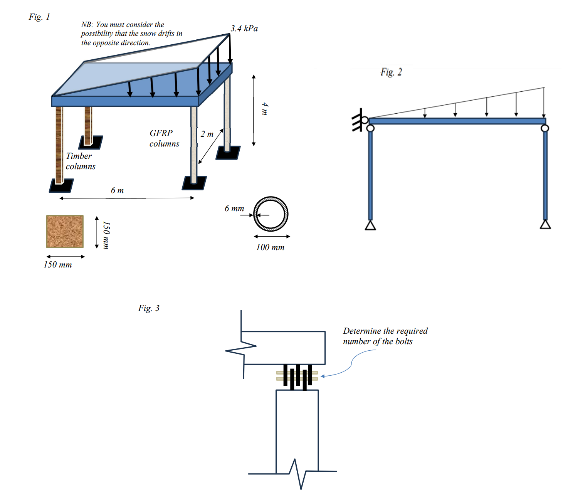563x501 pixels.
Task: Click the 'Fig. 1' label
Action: click(39, 17)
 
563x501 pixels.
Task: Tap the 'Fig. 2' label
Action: click(391, 72)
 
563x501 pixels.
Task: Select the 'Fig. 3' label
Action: click(149, 308)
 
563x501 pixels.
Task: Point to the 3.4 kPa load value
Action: click(244, 28)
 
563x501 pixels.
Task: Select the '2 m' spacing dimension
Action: click(207, 134)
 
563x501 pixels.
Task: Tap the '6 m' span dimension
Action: click(117, 190)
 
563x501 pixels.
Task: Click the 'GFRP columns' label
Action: click(164, 138)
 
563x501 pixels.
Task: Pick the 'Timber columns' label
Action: click(80, 161)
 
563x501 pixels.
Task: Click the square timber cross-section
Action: click(65, 231)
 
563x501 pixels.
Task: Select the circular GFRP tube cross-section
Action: click(271, 214)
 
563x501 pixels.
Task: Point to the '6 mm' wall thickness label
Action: click(234, 208)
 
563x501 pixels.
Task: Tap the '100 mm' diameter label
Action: click(270, 247)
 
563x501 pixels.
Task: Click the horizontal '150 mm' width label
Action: click(57, 265)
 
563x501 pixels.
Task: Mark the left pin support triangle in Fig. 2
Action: click(370, 225)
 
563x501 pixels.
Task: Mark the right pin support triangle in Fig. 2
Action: click(545, 224)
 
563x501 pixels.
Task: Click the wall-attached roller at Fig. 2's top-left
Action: click(364, 120)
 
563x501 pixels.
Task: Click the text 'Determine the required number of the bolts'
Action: click(385, 336)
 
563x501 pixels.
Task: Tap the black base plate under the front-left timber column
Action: click(61, 186)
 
